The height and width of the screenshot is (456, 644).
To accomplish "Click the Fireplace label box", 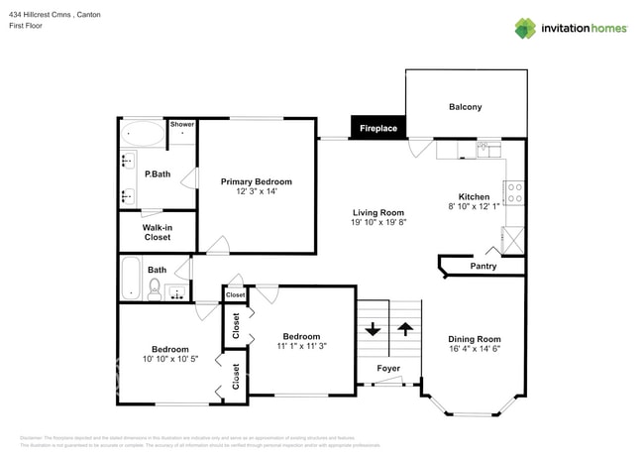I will (377, 128).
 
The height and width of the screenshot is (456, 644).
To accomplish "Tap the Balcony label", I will (465, 107).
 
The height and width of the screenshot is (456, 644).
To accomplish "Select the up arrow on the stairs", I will (404, 328).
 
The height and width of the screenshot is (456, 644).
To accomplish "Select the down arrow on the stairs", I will (373, 328).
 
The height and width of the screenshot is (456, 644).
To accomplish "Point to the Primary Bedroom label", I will (257, 181).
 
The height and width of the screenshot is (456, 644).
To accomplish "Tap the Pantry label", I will (483, 266).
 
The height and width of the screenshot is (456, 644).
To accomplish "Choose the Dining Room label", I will (475, 338).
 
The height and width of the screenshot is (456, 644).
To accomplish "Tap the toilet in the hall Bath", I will (154, 288).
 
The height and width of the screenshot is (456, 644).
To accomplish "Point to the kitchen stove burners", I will (515, 191).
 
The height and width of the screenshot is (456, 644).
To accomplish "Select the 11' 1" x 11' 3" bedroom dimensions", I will (300, 346).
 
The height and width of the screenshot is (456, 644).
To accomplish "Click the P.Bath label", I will (158, 175).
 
